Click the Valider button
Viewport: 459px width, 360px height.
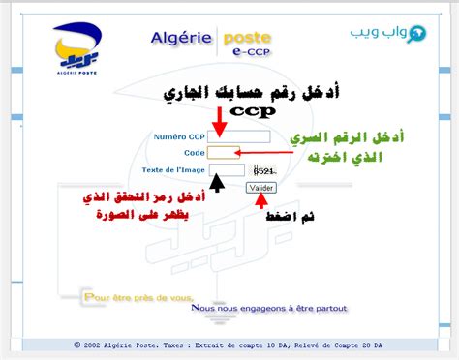pos(260,187)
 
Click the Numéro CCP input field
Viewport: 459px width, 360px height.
pos(226,137)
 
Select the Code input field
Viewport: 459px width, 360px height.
pos(224,153)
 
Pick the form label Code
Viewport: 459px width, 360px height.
pos(193,153)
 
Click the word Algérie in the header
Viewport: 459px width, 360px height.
pos(179,38)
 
